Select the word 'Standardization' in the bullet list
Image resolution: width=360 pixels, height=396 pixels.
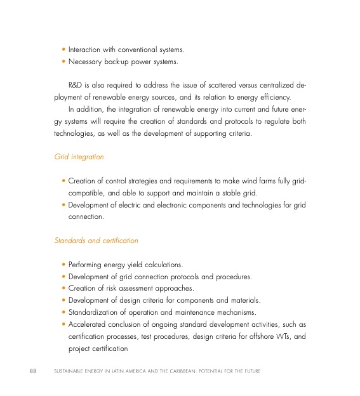[x=94, y=312]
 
